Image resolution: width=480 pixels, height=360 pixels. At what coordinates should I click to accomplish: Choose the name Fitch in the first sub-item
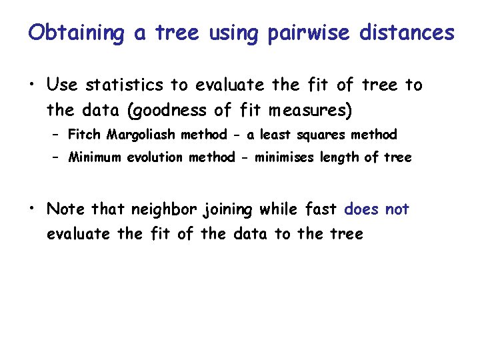click(83, 135)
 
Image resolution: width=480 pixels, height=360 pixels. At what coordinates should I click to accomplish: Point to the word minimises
click(277, 157)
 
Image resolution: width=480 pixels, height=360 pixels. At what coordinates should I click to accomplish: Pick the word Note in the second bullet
click(65, 209)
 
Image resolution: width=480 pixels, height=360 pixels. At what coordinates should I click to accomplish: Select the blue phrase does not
click(377, 209)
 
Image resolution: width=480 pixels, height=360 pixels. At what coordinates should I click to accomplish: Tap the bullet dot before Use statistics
click(32, 85)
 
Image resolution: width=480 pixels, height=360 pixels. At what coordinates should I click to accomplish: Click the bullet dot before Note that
click(32, 210)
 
